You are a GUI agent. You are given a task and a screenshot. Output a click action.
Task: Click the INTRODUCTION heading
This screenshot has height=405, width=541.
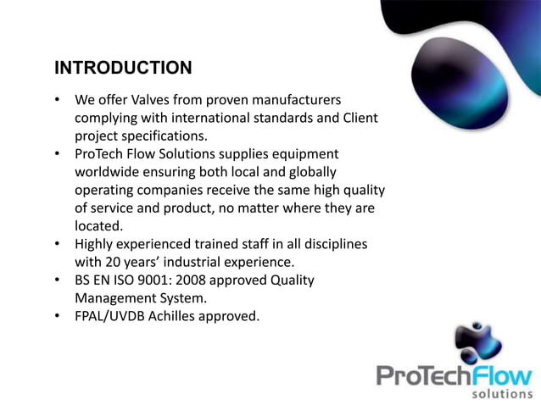pos(123,67)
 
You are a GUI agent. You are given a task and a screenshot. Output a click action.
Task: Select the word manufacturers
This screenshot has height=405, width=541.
pos(293,100)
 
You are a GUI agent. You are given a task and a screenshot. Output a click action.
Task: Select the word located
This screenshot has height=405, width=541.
pos(98,225)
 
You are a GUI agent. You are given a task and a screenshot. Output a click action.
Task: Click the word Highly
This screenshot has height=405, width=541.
pos(97,244)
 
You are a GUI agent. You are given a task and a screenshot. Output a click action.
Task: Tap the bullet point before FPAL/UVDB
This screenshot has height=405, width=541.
pos(57,316)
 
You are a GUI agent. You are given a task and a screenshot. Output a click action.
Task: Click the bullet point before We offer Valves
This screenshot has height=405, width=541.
pos(57,100)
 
